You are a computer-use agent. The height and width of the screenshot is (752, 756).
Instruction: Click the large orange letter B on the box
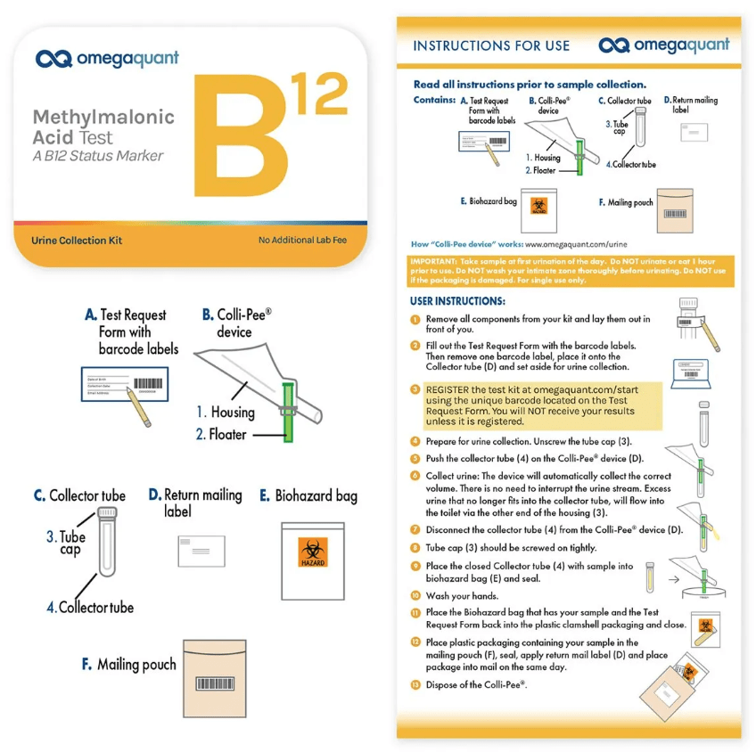236,138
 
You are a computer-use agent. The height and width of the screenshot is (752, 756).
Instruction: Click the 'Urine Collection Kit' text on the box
77,241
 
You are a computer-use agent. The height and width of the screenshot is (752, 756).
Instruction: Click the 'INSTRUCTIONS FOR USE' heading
491,45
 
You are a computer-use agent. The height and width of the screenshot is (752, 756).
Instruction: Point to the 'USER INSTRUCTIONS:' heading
457,301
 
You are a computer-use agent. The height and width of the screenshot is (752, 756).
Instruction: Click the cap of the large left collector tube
107,513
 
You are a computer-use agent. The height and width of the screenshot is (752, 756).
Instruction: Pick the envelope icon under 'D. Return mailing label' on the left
201,552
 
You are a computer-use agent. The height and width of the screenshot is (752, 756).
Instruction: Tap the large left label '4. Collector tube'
90,608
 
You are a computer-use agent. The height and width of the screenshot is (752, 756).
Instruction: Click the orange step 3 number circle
415,390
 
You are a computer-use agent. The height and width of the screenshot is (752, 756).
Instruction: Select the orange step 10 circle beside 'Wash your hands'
415,596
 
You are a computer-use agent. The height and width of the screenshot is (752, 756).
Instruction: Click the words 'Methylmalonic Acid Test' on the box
103,127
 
